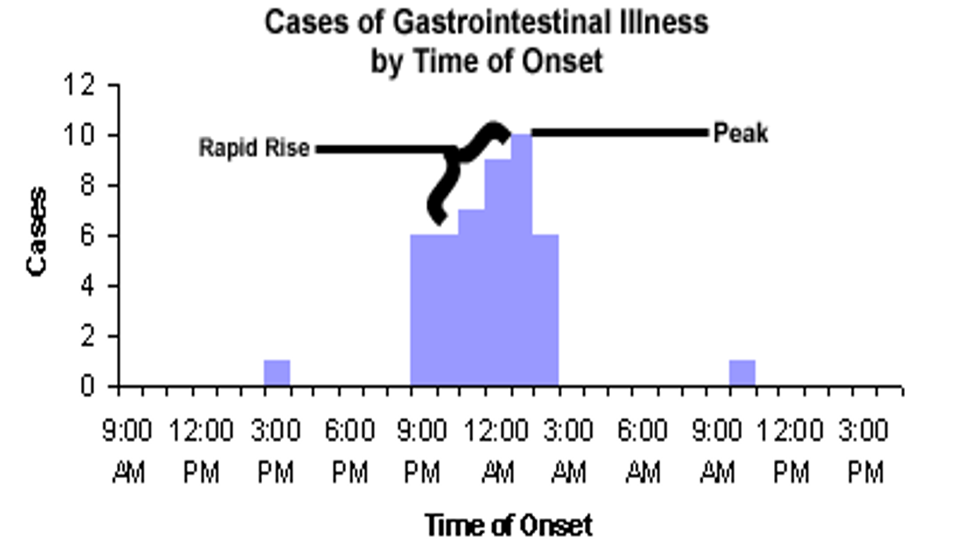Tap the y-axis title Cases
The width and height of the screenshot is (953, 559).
click(x=37, y=232)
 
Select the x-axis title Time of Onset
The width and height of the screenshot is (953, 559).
click(x=508, y=524)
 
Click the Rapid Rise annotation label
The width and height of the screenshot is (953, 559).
click(x=254, y=148)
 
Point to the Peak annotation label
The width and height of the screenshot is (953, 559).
click(x=740, y=133)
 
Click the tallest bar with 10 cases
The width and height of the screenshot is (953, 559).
click(x=521, y=259)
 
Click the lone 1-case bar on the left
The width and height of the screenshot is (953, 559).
click(x=276, y=373)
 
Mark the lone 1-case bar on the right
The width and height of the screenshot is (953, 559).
click(x=742, y=373)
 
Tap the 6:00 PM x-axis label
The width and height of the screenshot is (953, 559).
click(x=350, y=451)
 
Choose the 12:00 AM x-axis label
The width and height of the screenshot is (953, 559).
click(x=498, y=451)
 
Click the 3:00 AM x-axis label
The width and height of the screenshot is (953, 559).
click(x=569, y=451)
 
